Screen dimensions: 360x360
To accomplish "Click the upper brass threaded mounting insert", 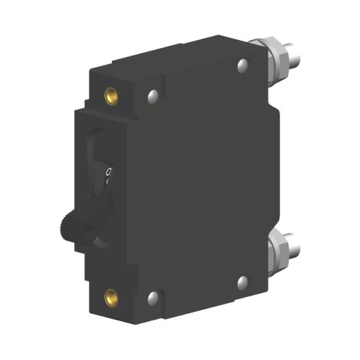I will [110, 95].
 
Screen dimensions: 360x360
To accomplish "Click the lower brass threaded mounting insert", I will [110, 294].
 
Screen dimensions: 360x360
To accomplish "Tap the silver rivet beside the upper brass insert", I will [152, 96].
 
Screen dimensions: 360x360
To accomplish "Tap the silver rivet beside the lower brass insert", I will [153, 296].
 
